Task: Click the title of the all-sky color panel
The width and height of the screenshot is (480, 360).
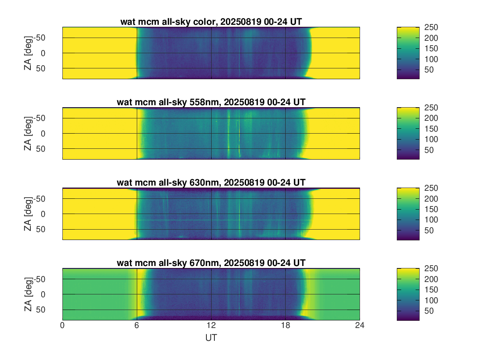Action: [x=211, y=22]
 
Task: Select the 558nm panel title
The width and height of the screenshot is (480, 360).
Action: [x=211, y=102]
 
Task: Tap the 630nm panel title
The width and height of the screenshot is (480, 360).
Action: [x=211, y=183]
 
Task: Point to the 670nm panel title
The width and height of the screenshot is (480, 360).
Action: [x=211, y=263]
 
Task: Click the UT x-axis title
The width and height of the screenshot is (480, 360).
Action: [x=211, y=338]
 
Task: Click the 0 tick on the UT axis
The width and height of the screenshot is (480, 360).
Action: [x=62, y=326]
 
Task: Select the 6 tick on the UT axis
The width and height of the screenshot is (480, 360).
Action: [x=137, y=326]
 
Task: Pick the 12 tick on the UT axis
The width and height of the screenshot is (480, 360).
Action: [x=211, y=326]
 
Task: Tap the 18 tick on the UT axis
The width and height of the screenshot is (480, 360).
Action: [x=285, y=326]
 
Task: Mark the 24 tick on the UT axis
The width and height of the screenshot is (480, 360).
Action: [x=360, y=326]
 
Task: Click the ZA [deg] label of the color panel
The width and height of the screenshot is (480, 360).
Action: [x=28, y=53]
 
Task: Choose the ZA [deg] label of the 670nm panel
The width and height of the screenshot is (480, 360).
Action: [x=28, y=294]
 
